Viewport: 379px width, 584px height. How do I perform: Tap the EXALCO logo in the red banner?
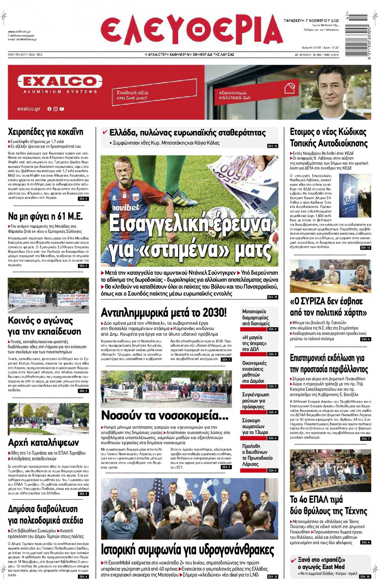[x=60, y=82]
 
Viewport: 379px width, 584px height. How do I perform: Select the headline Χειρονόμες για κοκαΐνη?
[x=45, y=132]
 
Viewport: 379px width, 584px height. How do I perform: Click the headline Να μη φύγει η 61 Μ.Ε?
[x=45, y=216]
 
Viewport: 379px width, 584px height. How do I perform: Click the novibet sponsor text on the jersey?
[x=126, y=207]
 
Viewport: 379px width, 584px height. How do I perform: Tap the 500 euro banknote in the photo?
[x=237, y=174]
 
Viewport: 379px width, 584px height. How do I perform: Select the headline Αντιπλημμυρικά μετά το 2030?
[x=163, y=313]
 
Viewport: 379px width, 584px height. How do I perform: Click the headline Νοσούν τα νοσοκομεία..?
[x=165, y=416]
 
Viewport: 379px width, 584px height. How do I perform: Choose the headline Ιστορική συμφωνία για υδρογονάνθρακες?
[x=187, y=550]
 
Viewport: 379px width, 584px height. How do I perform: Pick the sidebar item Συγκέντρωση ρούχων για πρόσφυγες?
[x=256, y=401]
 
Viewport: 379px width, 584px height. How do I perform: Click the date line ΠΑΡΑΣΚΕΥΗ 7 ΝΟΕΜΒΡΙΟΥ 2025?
[x=311, y=21]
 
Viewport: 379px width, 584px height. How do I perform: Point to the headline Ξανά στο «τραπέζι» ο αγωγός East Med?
[x=321, y=563]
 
